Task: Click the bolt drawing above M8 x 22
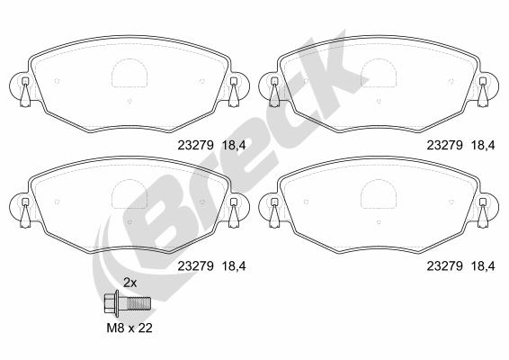pyautogui.click(x=128, y=303)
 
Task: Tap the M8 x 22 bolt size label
pyautogui.click(x=129, y=328)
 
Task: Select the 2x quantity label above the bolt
pyautogui.click(x=130, y=283)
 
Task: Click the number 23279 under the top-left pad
pyautogui.click(x=195, y=145)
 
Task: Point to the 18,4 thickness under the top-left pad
pyautogui.click(x=234, y=146)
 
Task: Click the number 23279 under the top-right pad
pyautogui.click(x=444, y=145)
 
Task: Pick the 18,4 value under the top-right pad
pyautogui.click(x=483, y=146)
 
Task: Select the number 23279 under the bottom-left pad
pyautogui.click(x=195, y=266)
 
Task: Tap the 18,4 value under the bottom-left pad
pyautogui.click(x=234, y=266)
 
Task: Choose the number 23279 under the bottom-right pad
pyautogui.click(x=444, y=266)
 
